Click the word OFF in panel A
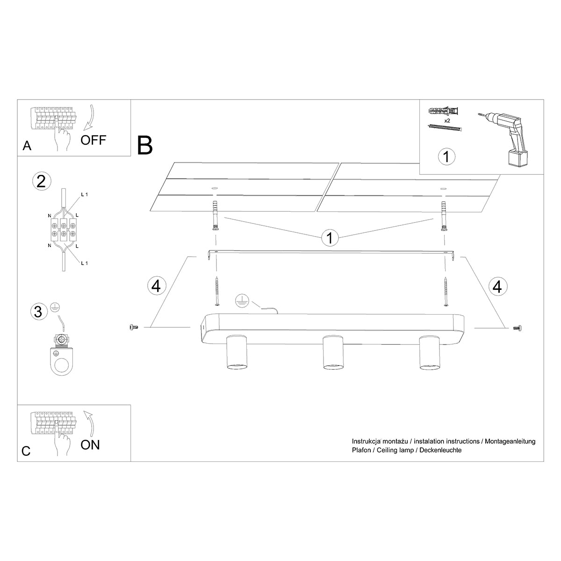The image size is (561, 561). [x=93, y=139]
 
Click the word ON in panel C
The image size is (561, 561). [x=90, y=444]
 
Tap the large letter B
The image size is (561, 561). [x=145, y=145]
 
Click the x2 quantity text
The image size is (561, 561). [x=447, y=120]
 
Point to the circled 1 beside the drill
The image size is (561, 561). [x=446, y=157]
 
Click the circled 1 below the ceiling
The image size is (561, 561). [x=330, y=238]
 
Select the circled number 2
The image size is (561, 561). [x=41, y=181]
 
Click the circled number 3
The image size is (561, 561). [x=38, y=311]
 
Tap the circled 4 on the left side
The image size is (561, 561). [x=156, y=285]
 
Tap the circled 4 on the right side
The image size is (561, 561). [x=497, y=285]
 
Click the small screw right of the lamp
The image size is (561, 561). [x=517, y=328]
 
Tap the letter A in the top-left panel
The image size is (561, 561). [x=27, y=146]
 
